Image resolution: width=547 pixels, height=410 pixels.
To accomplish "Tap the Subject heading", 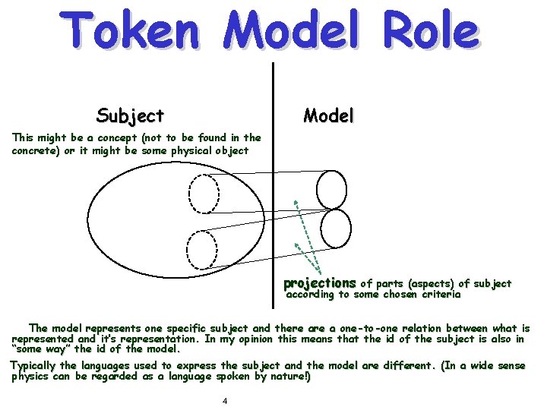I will pos(130,116).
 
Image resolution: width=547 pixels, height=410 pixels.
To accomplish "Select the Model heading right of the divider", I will pos(328,116).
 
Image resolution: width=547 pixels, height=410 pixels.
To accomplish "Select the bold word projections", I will pos(319,283).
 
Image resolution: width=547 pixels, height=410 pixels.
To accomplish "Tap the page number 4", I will pos(225,401).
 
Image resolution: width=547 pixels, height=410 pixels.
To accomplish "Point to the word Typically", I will pos(33,366).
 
